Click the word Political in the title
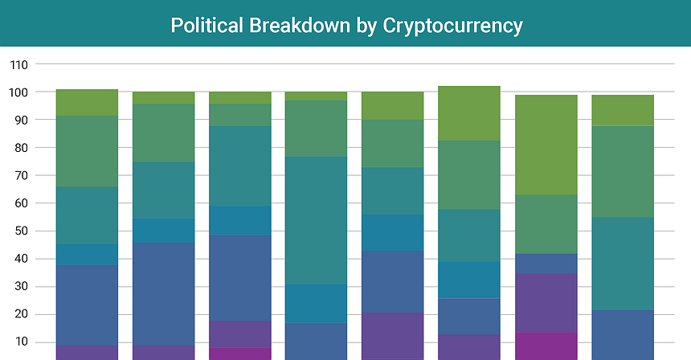click(x=206, y=26)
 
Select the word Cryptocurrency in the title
click(x=452, y=26)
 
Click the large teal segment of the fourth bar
click(x=316, y=220)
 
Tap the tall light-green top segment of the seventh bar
click(x=546, y=145)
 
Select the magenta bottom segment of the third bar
click(x=239, y=354)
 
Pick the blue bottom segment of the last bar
click(x=623, y=334)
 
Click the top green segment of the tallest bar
click(x=469, y=113)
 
